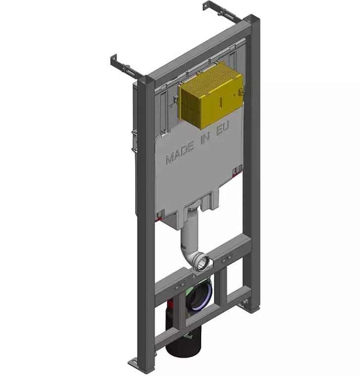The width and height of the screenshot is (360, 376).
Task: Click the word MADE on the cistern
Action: pos(180,153)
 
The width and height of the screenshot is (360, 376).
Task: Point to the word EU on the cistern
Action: pos(223,129)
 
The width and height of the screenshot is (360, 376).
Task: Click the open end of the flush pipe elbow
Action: pos(204,263)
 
